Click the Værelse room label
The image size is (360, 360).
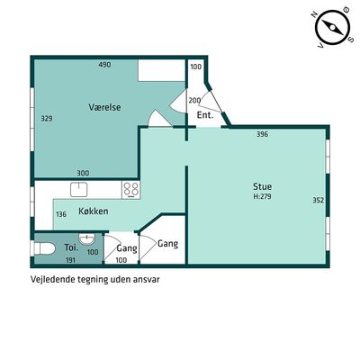[x=104, y=107]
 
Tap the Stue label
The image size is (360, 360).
[x=263, y=186]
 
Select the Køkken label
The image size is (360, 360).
[x=94, y=211]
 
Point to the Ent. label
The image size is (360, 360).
[x=205, y=115]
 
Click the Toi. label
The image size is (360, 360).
[x=71, y=247]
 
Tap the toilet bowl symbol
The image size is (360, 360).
[x=44, y=248]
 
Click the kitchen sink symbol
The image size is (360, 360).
[x=79, y=190]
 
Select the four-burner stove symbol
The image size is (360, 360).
[x=131, y=190]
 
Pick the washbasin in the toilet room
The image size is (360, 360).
[x=87, y=238]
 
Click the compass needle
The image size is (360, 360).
[x=333, y=27]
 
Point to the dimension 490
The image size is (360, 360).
[x=104, y=65]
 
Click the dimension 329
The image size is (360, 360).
[x=47, y=119]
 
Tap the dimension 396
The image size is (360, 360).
[x=262, y=134]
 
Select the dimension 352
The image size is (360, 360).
[x=319, y=200]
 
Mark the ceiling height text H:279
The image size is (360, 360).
[x=263, y=197]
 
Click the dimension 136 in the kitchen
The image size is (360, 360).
[x=61, y=214]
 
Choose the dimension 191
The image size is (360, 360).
[x=70, y=260]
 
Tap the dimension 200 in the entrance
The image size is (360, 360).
[x=194, y=101]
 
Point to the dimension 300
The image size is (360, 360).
[x=83, y=173]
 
